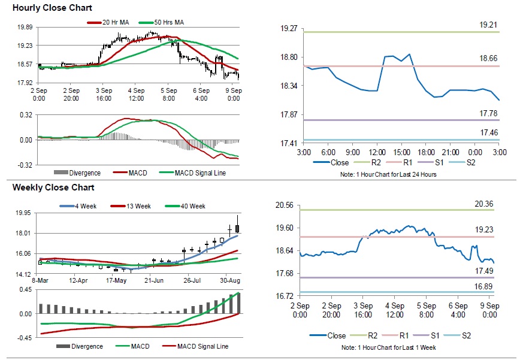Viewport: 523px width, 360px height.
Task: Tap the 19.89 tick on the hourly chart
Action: click(25, 28)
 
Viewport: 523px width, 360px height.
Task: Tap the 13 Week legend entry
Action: click(134, 206)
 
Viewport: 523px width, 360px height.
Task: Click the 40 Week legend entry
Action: click(192, 206)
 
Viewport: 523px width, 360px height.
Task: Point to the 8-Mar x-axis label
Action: click(40, 280)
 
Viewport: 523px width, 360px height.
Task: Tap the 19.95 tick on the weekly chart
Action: click(25, 213)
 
